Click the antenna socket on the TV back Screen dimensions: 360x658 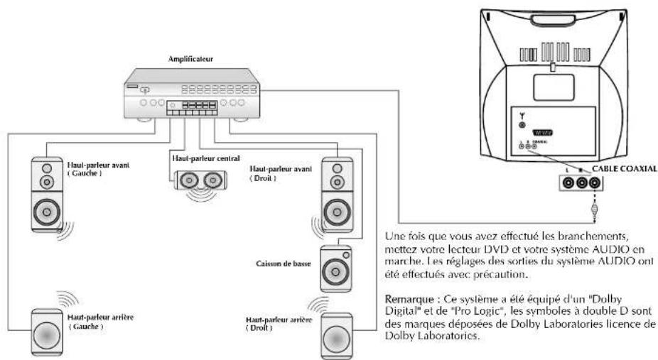click(522, 125)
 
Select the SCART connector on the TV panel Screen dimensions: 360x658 click(559, 132)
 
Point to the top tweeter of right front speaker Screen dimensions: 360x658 click(335, 169)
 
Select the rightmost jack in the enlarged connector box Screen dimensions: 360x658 click(592, 183)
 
